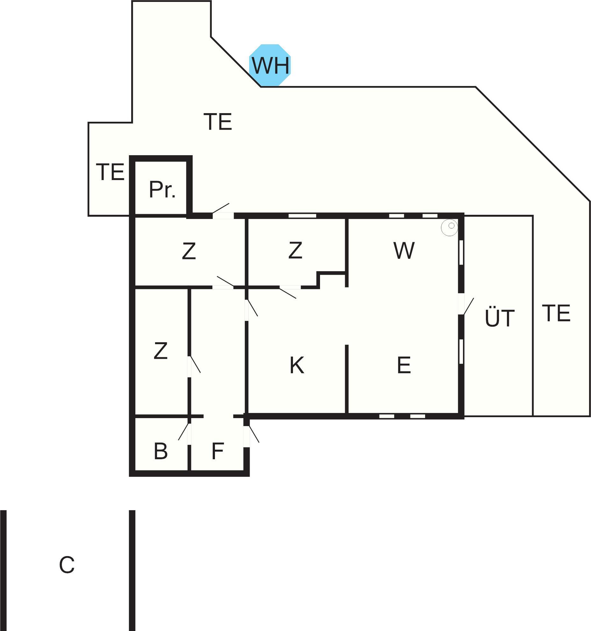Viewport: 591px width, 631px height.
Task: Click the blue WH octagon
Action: click(x=270, y=65)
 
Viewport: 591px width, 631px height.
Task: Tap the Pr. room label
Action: click(x=162, y=190)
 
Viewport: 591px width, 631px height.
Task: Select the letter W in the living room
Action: click(x=404, y=250)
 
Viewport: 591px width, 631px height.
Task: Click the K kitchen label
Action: click(x=296, y=365)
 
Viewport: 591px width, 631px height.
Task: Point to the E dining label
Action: click(x=403, y=365)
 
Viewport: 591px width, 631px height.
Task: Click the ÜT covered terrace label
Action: click(x=499, y=318)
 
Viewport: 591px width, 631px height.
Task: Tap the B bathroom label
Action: click(x=160, y=451)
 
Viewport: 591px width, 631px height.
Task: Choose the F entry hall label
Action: click(x=217, y=451)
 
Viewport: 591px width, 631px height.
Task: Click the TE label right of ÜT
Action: click(x=556, y=313)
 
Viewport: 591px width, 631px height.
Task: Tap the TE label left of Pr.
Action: click(x=110, y=172)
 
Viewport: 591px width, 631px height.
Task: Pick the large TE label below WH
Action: click(x=218, y=122)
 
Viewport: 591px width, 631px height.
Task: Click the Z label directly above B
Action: click(x=160, y=351)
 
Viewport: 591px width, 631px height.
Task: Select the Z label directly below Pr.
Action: click(x=189, y=251)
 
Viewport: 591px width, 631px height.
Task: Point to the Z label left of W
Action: click(x=295, y=250)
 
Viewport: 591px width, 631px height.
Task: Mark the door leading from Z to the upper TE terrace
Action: click(x=223, y=215)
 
